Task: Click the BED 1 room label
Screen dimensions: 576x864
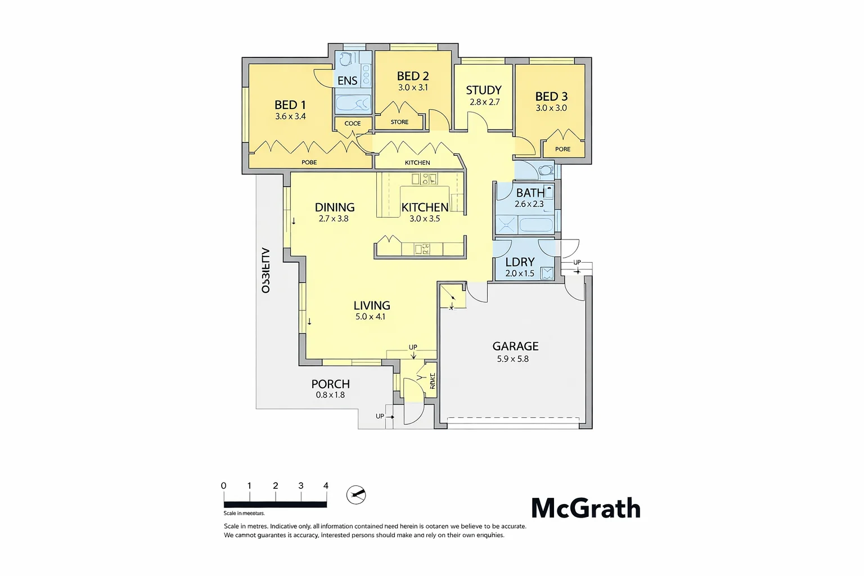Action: (290, 105)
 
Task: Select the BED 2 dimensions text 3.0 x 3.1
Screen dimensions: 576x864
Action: (413, 88)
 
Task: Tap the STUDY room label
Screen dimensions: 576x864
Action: (483, 90)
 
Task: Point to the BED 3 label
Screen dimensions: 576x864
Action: (551, 96)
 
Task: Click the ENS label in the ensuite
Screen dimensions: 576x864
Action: (347, 80)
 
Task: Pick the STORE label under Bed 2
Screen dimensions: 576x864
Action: (399, 122)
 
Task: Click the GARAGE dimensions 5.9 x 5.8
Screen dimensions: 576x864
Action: (512, 359)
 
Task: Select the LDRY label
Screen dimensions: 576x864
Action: (520, 262)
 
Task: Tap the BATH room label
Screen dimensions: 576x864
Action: (530, 192)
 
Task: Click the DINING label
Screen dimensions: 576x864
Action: (334, 207)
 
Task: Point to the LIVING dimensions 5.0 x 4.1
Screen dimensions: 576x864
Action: (370, 317)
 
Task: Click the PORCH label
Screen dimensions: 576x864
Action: (330, 384)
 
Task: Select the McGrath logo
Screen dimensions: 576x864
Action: (586, 508)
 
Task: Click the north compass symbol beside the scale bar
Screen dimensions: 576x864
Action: (356, 495)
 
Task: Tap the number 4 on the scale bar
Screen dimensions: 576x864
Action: (326, 485)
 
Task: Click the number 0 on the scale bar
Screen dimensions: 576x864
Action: (223, 485)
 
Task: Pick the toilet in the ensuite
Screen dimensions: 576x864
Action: (346, 58)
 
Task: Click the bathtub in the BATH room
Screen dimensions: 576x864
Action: (535, 225)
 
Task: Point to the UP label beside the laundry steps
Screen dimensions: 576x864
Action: (577, 263)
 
